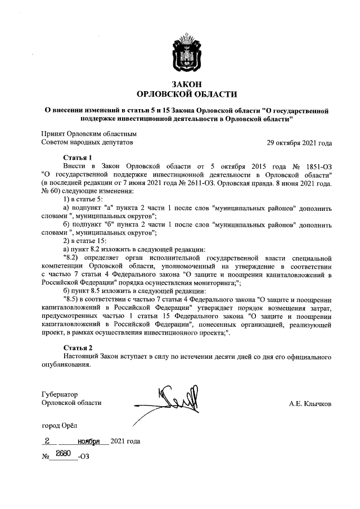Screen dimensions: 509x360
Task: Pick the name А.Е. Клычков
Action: tap(310, 403)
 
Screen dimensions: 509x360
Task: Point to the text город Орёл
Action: tap(60, 426)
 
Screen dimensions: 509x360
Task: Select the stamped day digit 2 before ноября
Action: tap(48, 441)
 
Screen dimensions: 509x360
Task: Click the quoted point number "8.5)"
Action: tap(73, 300)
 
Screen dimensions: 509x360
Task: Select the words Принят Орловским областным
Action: tap(89, 134)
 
